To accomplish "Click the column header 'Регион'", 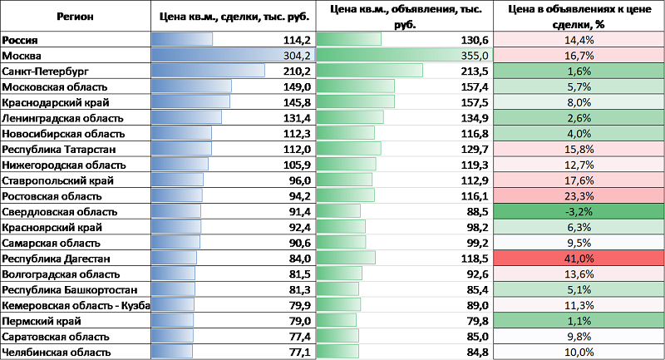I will click(x=76, y=16).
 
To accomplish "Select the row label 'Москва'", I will click(x=22, y=56).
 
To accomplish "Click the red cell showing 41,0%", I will click(x=579, y=259).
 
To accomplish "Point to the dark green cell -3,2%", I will click(x=579, y=212).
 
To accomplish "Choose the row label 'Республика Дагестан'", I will click(x=52, y=259).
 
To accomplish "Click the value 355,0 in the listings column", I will click(x=472, y=56).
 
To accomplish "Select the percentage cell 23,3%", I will click(x=579, y=196).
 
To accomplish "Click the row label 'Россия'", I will click(x=22, y=40).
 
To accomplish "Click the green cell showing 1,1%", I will click(x=579, y=321).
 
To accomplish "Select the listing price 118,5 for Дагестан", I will click(x=472, y=259).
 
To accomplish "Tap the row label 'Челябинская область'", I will click(x=56, y=353).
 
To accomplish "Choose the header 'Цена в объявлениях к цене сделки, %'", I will click(x=579, y=16).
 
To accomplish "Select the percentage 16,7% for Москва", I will click(x=579, y=56).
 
